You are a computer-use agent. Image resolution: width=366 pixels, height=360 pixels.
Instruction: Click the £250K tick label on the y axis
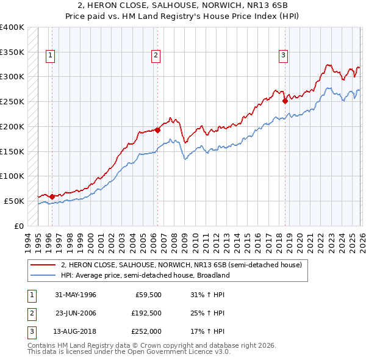[x=12, y=101]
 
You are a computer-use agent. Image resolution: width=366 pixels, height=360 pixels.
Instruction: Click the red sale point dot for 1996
[x=52, y=196]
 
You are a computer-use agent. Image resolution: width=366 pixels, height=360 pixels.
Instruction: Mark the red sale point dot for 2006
[x=157, y=130]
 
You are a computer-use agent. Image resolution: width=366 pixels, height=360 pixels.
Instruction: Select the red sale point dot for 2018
[x=285, y=101]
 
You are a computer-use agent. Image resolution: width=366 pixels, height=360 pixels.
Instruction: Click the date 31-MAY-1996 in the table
[x=76, y=295]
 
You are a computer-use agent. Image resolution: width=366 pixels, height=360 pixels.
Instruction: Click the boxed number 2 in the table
[x=30, y=313]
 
